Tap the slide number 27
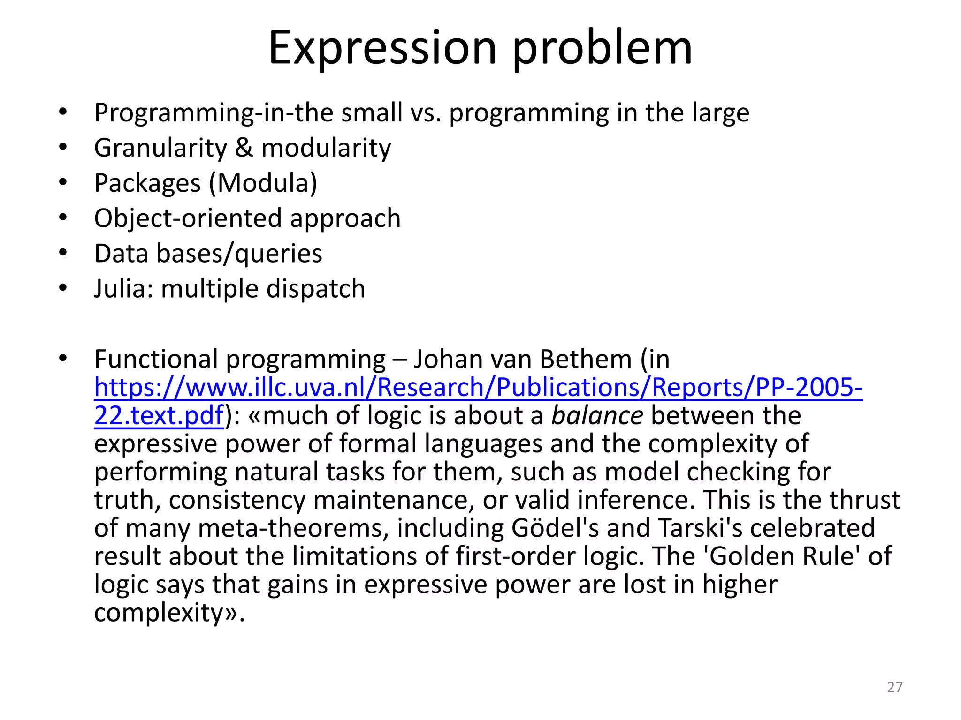(895, 687)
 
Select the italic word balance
(597, 415)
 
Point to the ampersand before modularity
(244, 148)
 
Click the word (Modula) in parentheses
(263, 183)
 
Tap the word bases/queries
(239, 254)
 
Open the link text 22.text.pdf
(159, 416)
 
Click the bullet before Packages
(63, 182)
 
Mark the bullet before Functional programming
(63, 359)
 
